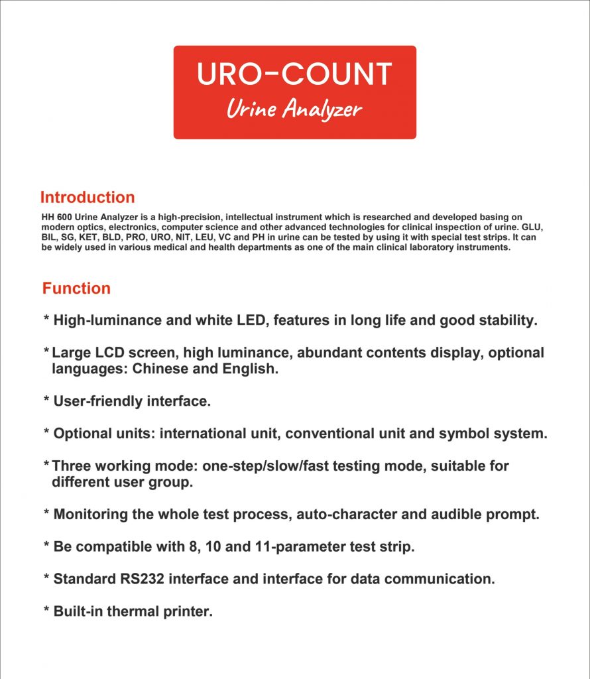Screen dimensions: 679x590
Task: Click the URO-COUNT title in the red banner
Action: coord(294,74)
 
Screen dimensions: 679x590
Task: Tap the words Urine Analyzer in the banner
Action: coord(294,109)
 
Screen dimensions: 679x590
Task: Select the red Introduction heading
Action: coord(88,197)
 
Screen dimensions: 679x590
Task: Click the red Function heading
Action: coord(76,288)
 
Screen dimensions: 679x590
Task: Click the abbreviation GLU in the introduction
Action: coord(532,227)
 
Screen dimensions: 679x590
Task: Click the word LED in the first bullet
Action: coord(251,320)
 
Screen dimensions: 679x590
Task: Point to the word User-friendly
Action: coord(98,401)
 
